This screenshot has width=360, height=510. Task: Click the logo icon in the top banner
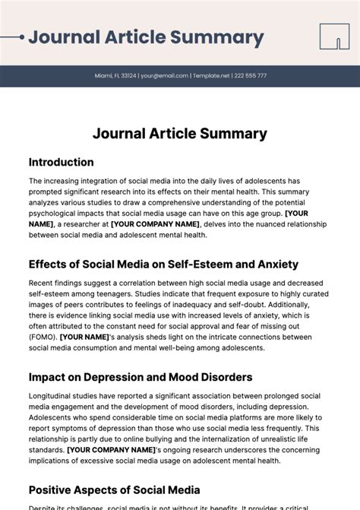(x=334, y=36)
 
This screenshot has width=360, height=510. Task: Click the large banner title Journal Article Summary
(x=146, y=37)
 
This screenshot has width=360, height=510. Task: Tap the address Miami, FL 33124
(x=115, y=76)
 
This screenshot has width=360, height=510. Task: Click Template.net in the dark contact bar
(x=213, y=76)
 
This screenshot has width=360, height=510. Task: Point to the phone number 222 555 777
(x=251, y=76)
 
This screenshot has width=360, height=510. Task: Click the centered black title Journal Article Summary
(x=180, y=134)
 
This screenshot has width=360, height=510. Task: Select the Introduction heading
(x=62, y=162)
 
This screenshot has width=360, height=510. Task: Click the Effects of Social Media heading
(x=163, y=265)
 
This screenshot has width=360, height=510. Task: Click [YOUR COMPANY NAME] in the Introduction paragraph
(x=155, y=224)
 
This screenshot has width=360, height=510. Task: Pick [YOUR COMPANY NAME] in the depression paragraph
(x=111, y=449)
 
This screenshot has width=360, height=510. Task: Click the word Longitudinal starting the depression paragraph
(x=52, y=395)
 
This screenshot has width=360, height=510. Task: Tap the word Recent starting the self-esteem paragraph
(x=43, y=282)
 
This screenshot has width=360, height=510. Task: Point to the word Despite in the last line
(x=43, y=507)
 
